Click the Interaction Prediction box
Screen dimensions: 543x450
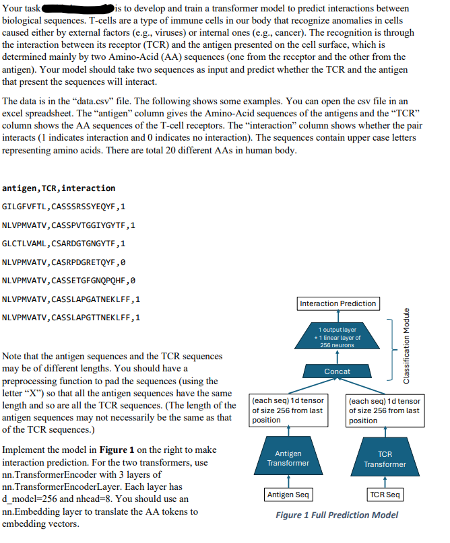(x=337, y=303)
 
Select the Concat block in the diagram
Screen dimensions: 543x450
(x=337, y=371)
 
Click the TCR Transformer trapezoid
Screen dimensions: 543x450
(x=385, y=459)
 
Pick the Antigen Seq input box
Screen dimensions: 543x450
(x=288, y=495)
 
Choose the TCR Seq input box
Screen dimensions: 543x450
(x=385, y=495)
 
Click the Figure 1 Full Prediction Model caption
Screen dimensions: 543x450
(x=337, y=515)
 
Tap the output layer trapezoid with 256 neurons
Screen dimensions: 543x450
(x=337, y=337)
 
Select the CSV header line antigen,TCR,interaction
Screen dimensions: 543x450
(x=59, y=188)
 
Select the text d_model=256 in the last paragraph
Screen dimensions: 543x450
(x=32, y=499)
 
